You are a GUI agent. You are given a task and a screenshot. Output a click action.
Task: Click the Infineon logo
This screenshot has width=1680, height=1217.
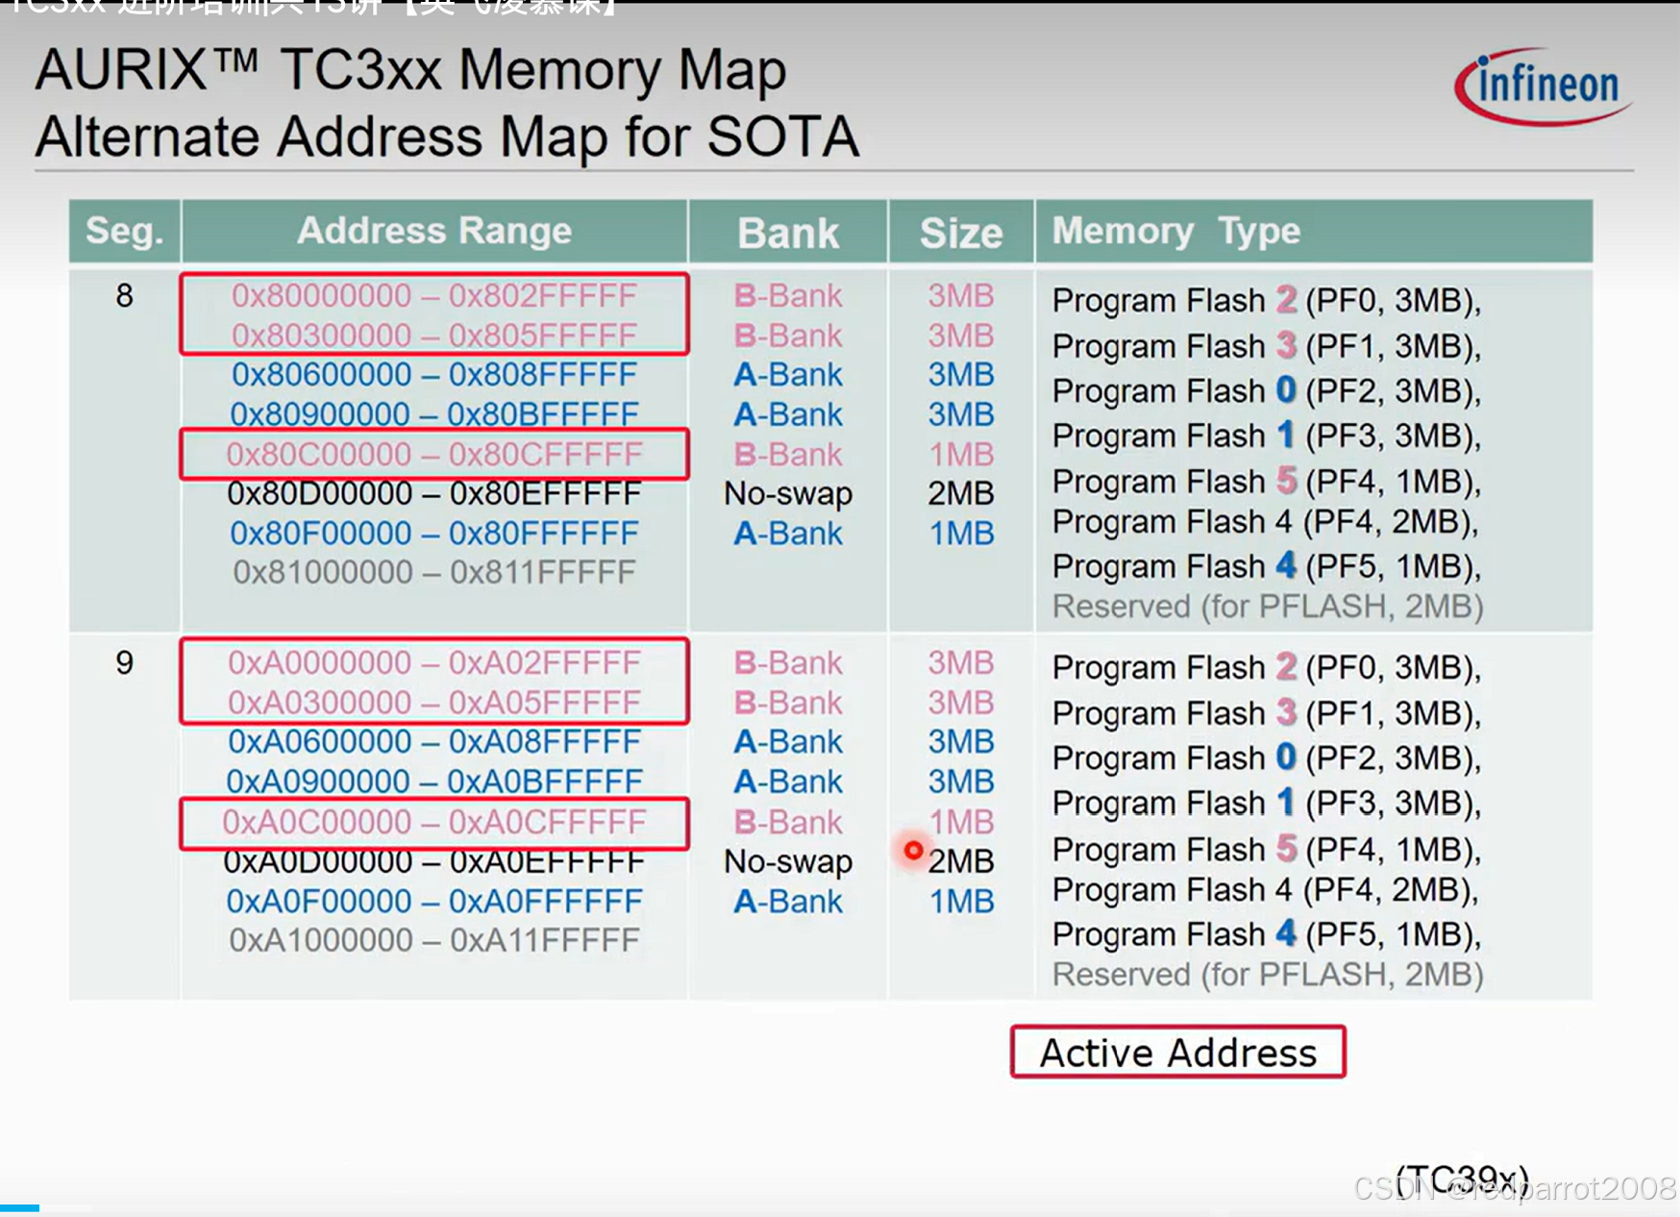point(1544,86)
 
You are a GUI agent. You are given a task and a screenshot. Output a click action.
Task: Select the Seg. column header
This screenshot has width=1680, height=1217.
point(124,232)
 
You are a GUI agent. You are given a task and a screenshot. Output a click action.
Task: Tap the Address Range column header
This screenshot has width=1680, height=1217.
point(434,232)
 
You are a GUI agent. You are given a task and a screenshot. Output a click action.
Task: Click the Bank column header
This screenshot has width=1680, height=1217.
point(788,233)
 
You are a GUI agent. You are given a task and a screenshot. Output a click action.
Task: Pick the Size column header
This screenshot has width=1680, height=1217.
point(960,233)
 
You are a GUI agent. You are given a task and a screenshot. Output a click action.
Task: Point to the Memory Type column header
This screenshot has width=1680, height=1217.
point(1175,232)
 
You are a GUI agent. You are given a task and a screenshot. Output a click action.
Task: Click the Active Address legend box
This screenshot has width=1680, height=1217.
point(1177,1053)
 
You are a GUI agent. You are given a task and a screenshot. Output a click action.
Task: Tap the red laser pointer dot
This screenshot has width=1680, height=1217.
point(913,851)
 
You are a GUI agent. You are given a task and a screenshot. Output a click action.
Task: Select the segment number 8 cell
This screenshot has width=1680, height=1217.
point(124,295)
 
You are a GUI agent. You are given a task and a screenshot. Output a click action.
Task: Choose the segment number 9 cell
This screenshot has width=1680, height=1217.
point(124,662)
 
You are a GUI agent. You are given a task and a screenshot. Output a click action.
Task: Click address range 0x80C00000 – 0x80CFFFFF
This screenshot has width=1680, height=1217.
point(434,454)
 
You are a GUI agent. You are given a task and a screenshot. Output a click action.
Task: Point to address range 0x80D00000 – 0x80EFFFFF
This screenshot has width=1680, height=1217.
point(434,493)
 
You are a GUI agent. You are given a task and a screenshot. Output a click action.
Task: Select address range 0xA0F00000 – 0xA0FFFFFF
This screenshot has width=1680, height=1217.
point(434,901)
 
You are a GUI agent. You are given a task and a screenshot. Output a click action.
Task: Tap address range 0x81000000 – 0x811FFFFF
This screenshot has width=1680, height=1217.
point(434,572)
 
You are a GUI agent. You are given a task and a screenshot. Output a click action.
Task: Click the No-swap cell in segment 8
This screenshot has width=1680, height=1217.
point(788,493)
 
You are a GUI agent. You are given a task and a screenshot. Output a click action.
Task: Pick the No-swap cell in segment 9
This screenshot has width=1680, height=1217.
point(788,861)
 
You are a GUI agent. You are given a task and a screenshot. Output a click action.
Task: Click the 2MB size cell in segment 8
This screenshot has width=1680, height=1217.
point(960,493)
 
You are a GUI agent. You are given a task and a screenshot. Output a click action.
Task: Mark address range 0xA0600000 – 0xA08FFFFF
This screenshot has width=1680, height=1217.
point(434,741)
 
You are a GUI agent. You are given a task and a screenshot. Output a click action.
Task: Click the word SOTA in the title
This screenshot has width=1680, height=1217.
point(782,137)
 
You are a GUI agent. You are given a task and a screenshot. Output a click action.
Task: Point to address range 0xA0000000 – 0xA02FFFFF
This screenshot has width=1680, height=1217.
point(434,662)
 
